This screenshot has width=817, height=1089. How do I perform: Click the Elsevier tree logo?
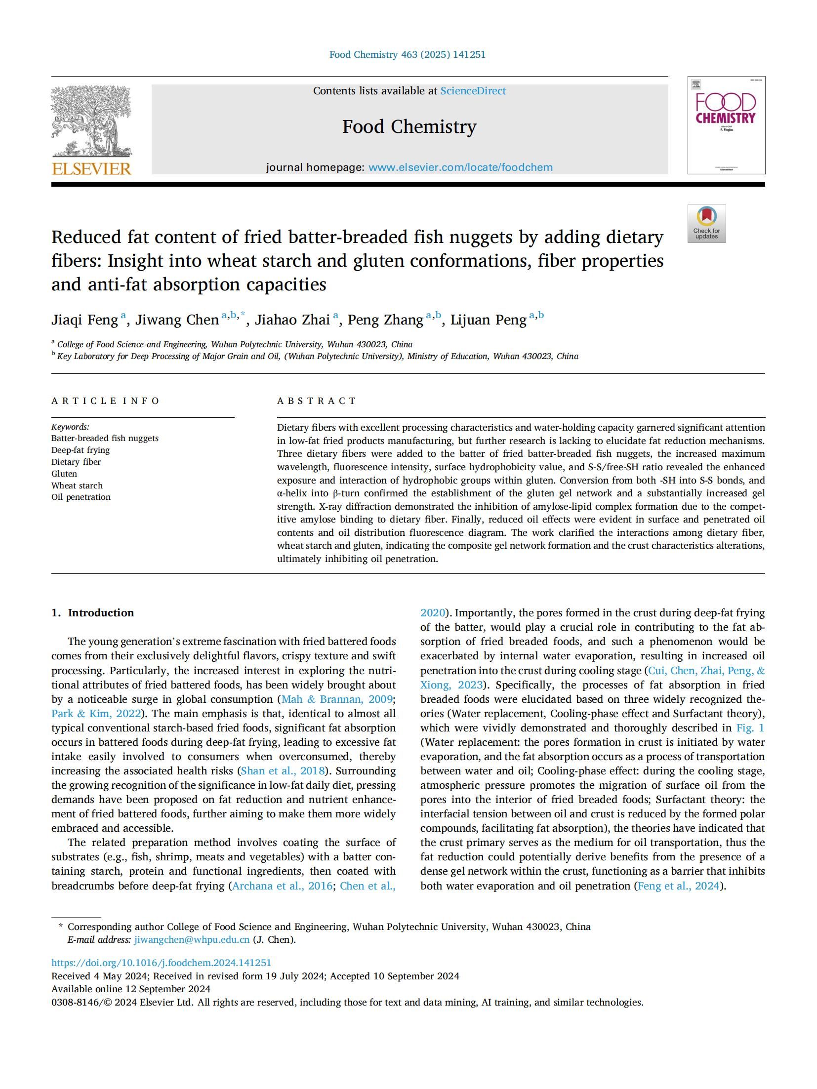[91, 121]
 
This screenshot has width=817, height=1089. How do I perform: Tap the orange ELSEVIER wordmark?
[91, 169]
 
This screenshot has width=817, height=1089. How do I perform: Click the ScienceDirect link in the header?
[473, 91]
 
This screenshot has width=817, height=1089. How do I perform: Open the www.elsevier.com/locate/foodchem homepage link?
[460, 167]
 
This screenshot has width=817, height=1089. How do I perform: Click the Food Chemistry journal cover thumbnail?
[726, 125]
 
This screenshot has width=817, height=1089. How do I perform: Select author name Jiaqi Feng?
[84, 320]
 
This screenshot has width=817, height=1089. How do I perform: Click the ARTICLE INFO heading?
[105, 401]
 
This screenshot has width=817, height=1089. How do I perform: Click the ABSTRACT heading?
[316, 401]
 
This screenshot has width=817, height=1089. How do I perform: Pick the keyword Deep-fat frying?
[81, 450]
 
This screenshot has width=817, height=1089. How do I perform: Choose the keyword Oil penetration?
[81, 497]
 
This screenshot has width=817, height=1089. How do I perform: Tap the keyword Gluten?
[64, 474]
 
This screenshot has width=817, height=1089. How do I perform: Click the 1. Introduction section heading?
[92, 613]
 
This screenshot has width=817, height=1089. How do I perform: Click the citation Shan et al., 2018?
[283, 771]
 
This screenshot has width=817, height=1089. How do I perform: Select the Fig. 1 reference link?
[750, 728]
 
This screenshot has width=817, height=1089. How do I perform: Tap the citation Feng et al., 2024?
[678, 886]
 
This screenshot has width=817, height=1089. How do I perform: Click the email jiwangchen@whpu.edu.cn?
[192, 940]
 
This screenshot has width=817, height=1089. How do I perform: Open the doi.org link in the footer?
[161, 963]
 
